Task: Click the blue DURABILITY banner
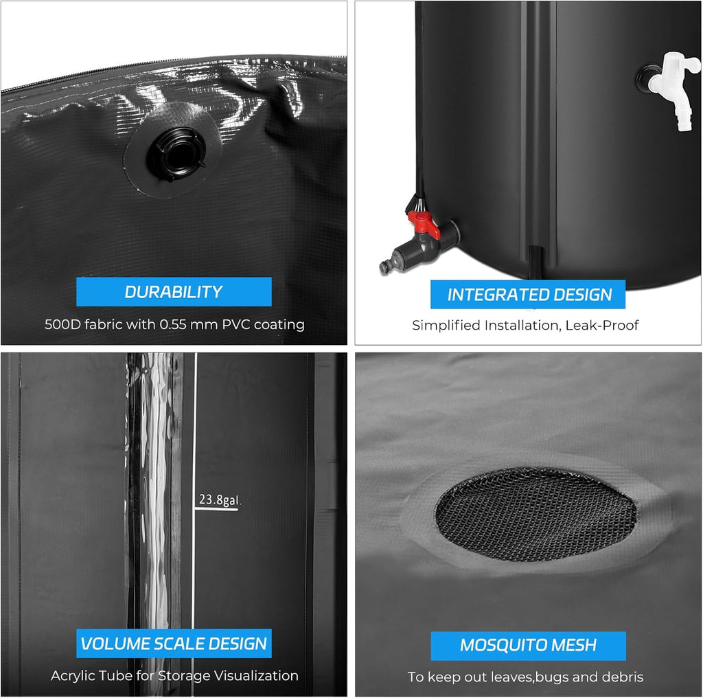[x=174, y=291]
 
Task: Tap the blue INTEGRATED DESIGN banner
[x=529, y=295]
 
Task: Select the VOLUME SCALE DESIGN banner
[x=174, y=644]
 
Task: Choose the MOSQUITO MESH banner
[x=528, y=646]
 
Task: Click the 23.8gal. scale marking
[x=219, y=501]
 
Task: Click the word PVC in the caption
[x=235, y=325]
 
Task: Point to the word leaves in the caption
[x=510, y=677]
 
